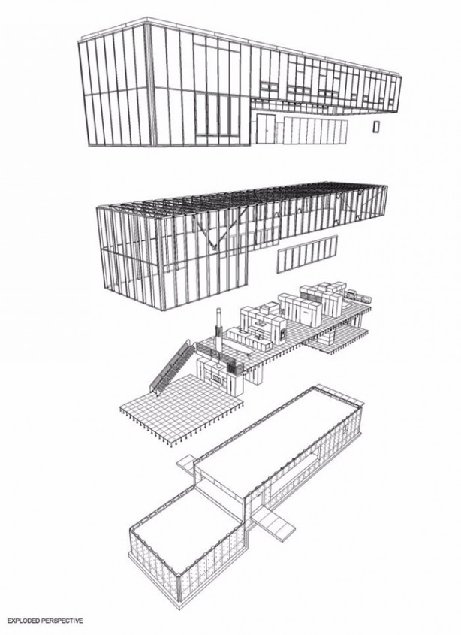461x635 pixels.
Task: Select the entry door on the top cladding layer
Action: coord(264,129)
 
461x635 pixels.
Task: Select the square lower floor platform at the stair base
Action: coord(179,406)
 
